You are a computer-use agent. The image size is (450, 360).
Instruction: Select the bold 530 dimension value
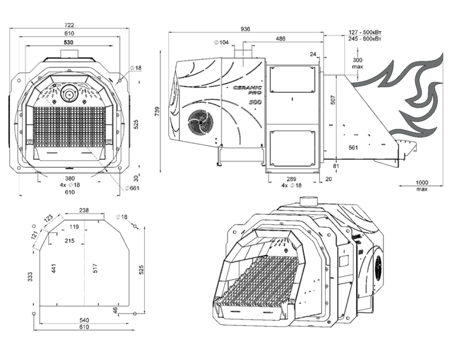[x=68, y=42]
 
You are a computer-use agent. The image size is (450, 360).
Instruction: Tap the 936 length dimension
[x=246, y=29]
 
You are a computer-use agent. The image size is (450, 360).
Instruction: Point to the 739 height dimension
[x=157, y=112]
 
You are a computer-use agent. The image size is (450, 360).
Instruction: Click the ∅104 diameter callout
[x=221, y=42]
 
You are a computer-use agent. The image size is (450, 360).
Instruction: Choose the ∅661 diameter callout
[x=132, y=188]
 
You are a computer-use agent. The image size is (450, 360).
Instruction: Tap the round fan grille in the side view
[x=201, y=121]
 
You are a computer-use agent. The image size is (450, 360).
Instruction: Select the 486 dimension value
[x=280, y=39]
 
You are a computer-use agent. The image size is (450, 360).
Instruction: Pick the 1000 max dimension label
[x=422, y=185]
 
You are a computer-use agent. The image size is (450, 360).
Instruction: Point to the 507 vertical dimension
[x=333, y=100]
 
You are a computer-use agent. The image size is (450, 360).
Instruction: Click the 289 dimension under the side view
[x=292, y=179]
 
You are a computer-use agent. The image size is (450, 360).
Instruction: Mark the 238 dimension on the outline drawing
[x=84, y=211]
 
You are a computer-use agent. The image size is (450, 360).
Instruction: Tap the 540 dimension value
[x=84, y=320]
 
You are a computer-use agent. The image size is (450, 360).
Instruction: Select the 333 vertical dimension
[x=31, y=276]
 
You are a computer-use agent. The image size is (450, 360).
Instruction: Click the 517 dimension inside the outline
[x=95, y=268]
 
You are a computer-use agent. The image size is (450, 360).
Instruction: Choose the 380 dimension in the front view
[x=70, y=179]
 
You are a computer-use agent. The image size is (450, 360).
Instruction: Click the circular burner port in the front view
[x=69, y=93]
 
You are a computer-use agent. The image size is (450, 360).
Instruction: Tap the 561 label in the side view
[x=353, y=148]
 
